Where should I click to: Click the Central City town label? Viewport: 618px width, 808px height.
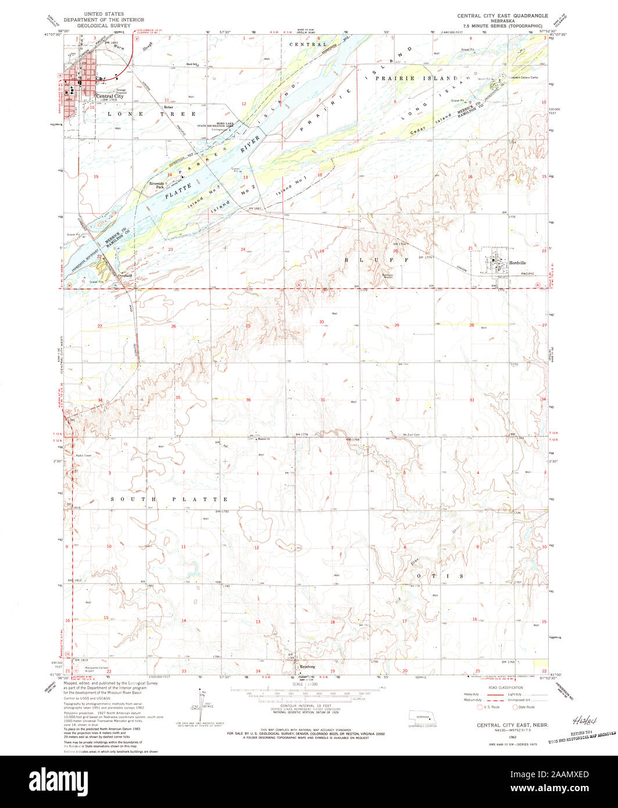click(x=110, y=96)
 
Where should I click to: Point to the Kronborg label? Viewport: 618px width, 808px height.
click(x=308, y=666)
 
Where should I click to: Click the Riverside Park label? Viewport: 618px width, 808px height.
click(x=158, y=185)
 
